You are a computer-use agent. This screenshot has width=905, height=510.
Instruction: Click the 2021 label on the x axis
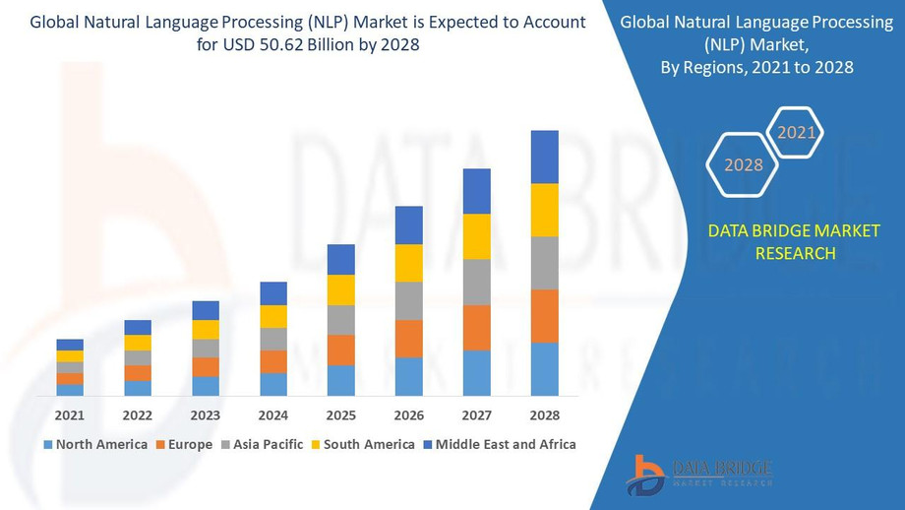pos(70,415)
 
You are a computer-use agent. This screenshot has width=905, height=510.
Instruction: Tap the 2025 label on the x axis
pos(341,415)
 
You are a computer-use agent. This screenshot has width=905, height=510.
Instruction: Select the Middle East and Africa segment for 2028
pos(545,157)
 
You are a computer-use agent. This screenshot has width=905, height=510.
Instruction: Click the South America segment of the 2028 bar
pos(545,210)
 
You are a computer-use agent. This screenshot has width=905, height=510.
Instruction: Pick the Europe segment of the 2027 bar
pos(477,328)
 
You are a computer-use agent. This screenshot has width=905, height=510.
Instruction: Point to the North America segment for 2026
pos(409,376)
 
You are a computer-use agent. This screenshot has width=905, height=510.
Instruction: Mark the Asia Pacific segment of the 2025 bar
pos(341,320)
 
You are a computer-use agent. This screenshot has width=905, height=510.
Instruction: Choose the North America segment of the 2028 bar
pos(545,369)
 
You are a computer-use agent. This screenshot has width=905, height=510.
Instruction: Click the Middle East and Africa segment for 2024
pos(273,293)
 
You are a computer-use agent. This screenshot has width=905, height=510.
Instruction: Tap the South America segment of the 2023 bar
pos(206,330)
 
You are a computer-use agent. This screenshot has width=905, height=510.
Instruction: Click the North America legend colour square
pos(49,445)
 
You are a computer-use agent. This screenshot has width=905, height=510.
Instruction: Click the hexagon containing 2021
pos(796,132)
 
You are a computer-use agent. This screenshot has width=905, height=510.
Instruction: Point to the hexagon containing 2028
pos(743,164)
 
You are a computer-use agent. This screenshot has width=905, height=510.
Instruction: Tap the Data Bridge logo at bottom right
pos(698,474)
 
